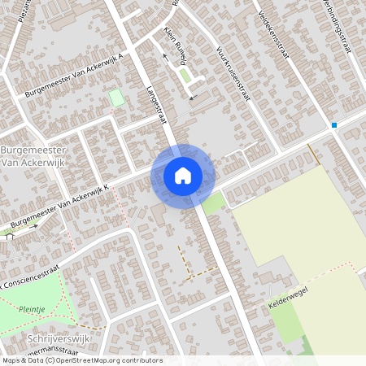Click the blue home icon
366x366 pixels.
point(183,176)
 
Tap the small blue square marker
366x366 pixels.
point(333,125)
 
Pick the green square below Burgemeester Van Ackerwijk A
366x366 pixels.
point(117,98)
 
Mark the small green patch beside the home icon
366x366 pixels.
point(213,203)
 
